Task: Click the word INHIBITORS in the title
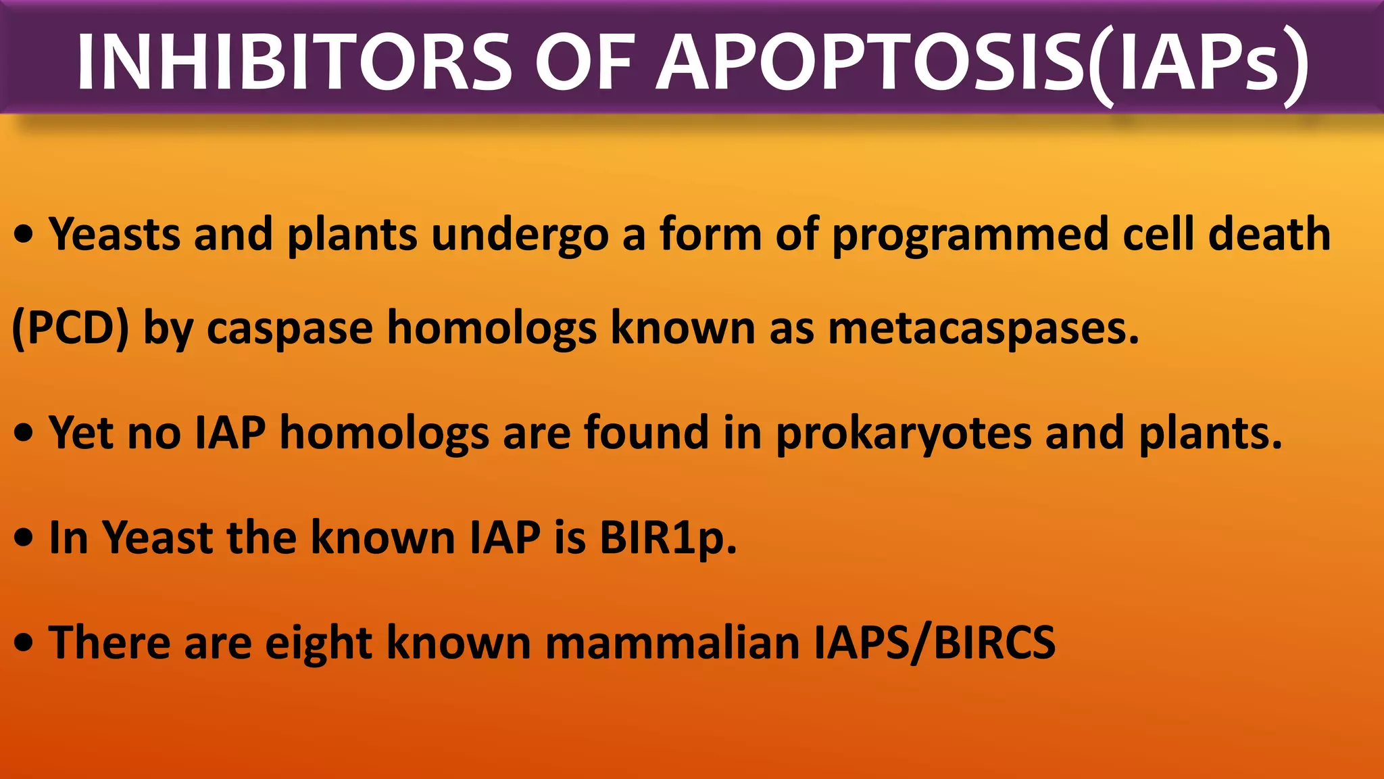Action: tap(294, 62)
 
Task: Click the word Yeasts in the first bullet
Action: tap(115, 235)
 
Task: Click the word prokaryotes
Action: tap(904, 433)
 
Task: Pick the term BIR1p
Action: tap(668, 539)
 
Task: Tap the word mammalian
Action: tap(672, 642)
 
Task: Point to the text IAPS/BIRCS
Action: tap(934, 642)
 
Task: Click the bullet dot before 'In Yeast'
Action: tap(24, 538)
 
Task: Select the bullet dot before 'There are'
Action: tap(24, 643)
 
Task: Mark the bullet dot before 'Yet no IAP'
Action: tap(24, 433)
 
